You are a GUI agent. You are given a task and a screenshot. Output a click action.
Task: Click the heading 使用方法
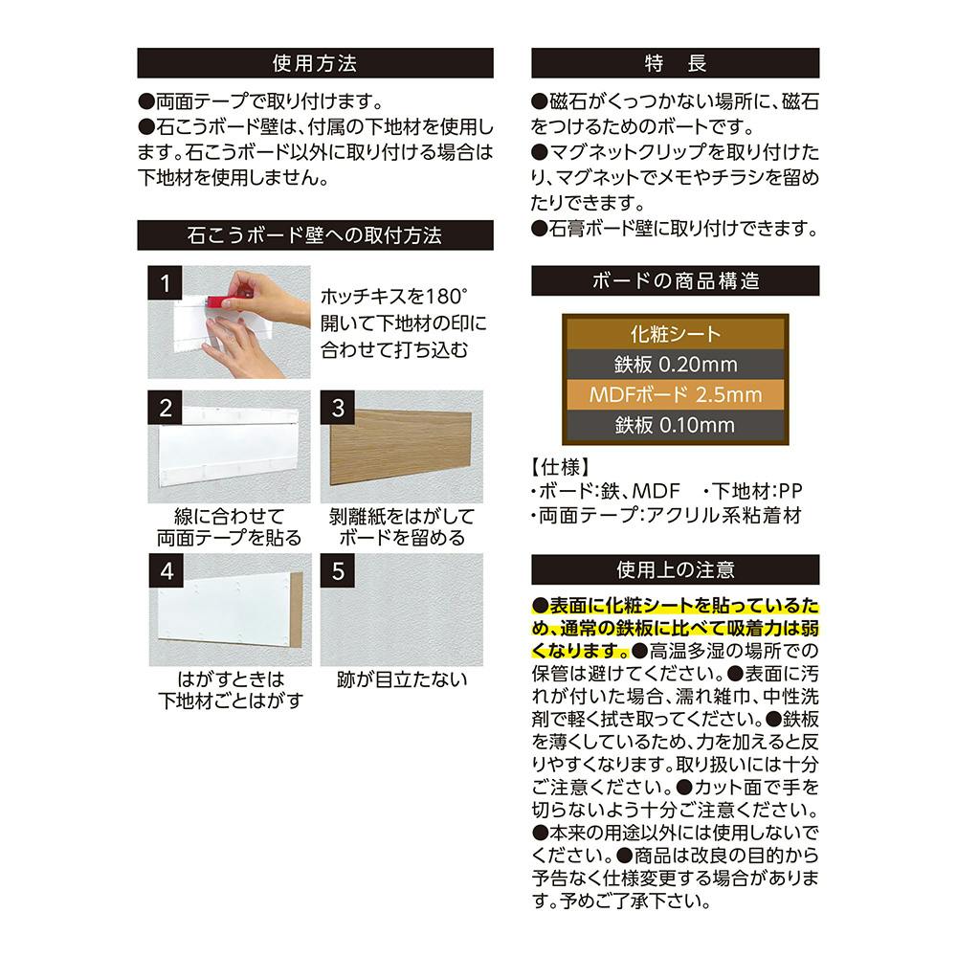click(315, 63)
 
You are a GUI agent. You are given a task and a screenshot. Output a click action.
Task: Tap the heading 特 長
click(675, 63)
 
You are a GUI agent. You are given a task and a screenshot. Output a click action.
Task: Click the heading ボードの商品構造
click(675, 281)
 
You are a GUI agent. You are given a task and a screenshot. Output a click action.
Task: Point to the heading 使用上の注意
click(675, 570)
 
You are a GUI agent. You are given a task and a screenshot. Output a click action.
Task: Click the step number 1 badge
click(166, 283)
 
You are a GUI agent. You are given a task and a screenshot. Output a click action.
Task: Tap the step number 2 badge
click(166, 408)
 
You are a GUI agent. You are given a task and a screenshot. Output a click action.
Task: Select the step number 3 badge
click(338, 408)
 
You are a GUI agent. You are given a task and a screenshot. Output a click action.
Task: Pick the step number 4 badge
click(166, 571)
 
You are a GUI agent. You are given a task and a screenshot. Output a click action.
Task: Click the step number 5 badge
click(338, 571)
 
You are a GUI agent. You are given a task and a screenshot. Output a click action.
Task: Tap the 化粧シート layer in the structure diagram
click(675, 335)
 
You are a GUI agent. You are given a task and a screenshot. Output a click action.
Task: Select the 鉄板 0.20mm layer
click(675, 365)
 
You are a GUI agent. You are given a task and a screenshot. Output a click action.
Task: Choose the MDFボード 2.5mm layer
click(675, 394)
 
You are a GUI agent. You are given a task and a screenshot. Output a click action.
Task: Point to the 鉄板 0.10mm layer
click(675, 424)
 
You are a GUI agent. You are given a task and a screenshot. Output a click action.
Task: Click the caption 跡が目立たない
click(402, 680)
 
